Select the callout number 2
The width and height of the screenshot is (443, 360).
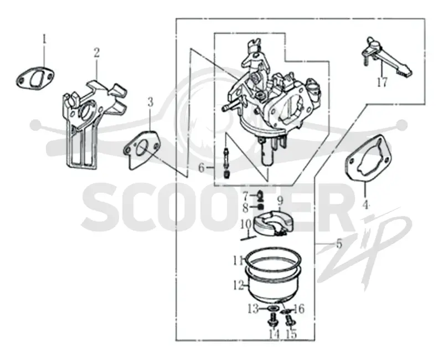point(96,53)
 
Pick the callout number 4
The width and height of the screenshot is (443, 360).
point(365,204)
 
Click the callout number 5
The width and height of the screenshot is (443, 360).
point(339,244)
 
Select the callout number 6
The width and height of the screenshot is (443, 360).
point(201,168)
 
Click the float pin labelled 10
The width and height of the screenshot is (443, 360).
point(249,238)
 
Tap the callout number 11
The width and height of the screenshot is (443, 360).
point(239,260)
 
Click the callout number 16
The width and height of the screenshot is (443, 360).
point(299,309)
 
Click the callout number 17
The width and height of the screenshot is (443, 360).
point(382,82)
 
